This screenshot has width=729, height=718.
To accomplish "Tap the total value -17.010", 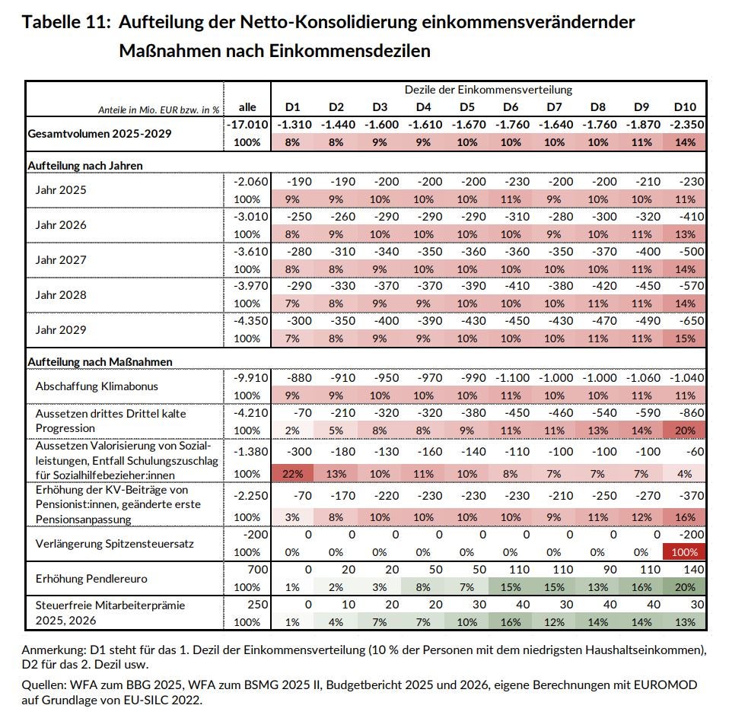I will point(247,124).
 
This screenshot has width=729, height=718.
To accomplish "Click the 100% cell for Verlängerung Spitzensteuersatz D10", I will point(684,552).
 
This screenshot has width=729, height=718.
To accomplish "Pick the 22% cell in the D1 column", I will point(293,473).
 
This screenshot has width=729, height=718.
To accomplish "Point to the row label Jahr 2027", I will point(61,259).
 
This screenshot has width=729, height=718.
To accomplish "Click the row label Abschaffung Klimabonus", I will point(97,386).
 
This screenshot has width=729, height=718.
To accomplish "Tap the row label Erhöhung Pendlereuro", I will point(91,578).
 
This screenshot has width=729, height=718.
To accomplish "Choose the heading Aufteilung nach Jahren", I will point(85,164).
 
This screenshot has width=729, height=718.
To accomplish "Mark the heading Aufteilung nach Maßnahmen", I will point(99,361).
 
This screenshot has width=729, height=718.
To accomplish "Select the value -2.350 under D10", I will point(684,124).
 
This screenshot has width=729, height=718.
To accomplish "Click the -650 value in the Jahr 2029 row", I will point(689,321).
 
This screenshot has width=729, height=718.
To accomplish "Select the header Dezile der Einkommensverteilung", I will point(489,90).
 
